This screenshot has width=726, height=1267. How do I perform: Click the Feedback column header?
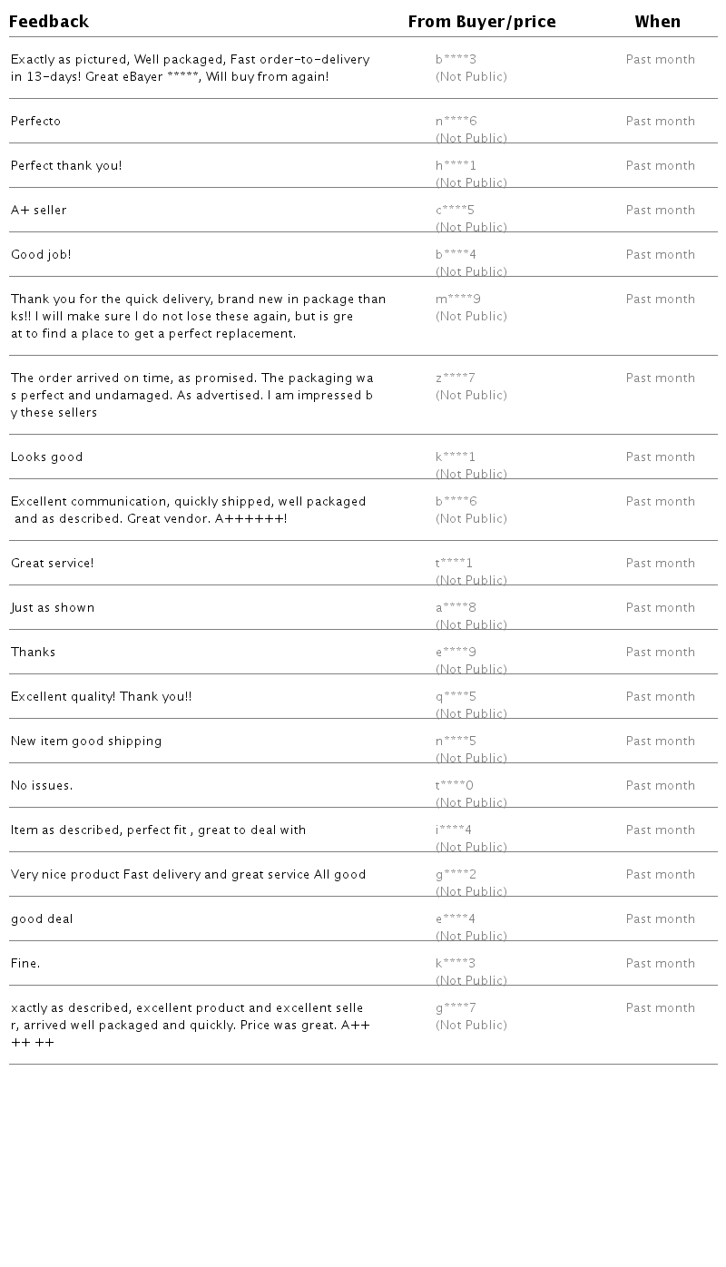[49, 22]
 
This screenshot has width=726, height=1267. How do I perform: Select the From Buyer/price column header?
[481, 22]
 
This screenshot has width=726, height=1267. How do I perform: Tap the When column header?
[657, 22]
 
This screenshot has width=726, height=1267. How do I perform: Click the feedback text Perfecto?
[35, 122]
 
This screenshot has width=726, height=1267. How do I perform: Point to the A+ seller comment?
[39, 211]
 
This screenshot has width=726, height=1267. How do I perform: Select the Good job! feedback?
[41, 255]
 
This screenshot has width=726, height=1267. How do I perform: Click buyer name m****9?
[457, 300]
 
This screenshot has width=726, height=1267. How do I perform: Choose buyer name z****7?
[456, 378]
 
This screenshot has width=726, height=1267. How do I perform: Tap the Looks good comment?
[47, 457]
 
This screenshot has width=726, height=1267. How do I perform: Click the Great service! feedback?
[53, 564]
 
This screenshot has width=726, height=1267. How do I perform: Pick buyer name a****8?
[456, 608]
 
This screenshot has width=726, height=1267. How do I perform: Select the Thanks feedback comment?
[34, 653]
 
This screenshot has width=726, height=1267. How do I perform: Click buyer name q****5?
[456, 697]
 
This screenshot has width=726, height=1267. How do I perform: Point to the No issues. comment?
[42, 786]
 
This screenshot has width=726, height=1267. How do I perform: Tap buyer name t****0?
[455, 786]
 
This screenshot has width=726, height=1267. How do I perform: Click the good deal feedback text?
[42, 919]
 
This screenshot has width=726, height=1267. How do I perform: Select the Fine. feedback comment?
[25, 964]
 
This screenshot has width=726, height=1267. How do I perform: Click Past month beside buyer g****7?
[660, 1008]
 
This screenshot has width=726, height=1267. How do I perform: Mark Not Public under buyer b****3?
[471, 77]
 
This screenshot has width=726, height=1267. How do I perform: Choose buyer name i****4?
[454, 830]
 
